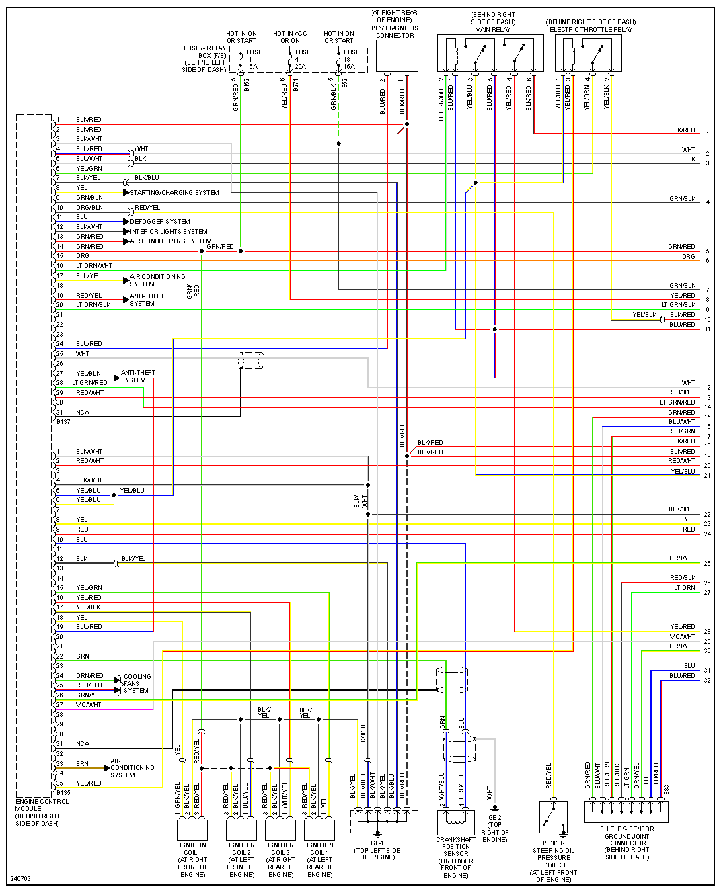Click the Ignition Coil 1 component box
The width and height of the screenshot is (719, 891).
(192, 829)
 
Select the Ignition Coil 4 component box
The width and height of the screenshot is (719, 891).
(319, 829)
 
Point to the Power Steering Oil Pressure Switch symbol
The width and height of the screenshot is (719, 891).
(553, 817)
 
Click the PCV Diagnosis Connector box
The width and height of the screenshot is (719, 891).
(397, 56)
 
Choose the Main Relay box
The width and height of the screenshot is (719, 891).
(490, 54)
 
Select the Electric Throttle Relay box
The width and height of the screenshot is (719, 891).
(588, 54)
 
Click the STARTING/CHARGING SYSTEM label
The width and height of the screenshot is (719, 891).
(174, 193)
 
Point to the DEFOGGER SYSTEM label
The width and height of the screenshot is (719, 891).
(160, 222)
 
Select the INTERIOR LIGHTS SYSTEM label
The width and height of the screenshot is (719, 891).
(169, 232)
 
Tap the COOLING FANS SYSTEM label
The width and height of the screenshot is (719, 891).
(137, 683)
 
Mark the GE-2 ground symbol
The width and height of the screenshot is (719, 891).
(494, 808)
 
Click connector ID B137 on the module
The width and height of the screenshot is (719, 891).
(63, 422)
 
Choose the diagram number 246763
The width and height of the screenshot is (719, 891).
(20, 879)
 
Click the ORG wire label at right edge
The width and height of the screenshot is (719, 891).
(688, 257)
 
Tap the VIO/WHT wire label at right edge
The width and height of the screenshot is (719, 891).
(682, 637)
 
